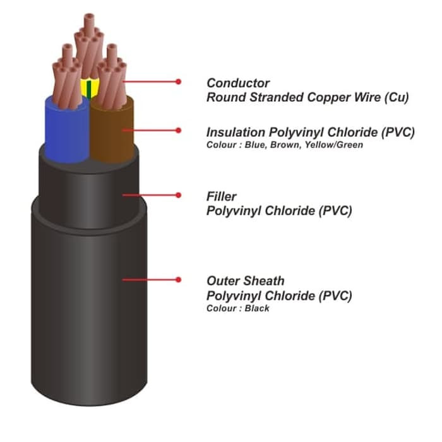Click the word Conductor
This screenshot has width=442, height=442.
pos(238,83)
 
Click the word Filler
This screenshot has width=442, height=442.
pos(221,197)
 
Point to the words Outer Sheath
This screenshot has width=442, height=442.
pos(246,281)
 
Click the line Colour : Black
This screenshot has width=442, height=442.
pos(238,309)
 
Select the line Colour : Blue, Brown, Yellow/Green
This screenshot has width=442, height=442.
pos(285,145)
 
